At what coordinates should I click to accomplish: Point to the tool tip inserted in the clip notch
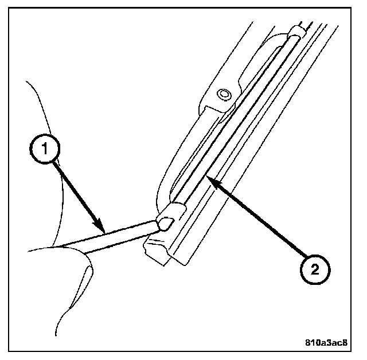(x=161, y=222)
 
